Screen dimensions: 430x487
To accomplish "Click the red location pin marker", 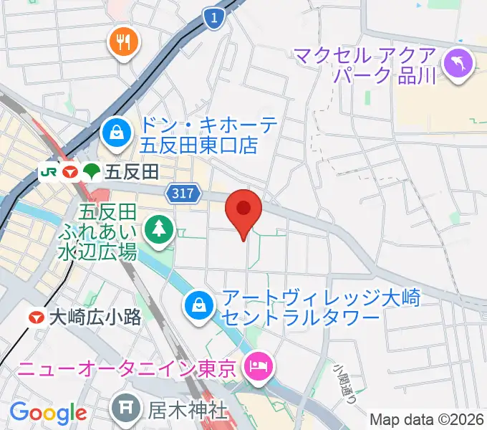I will (243, 211).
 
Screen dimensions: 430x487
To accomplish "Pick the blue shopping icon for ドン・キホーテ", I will (115, 131).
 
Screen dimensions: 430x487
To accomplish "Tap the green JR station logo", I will (49, 172).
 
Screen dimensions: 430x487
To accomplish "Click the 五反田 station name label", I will (130, 172).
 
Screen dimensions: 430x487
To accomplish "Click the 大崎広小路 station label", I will (95, 317).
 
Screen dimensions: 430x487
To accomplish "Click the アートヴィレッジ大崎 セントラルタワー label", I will (299, 306).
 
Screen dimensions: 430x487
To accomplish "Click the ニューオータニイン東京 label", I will (127, 371).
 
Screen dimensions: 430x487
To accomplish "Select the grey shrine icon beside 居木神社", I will (125, 410).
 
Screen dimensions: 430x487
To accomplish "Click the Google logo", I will (48, 413).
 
